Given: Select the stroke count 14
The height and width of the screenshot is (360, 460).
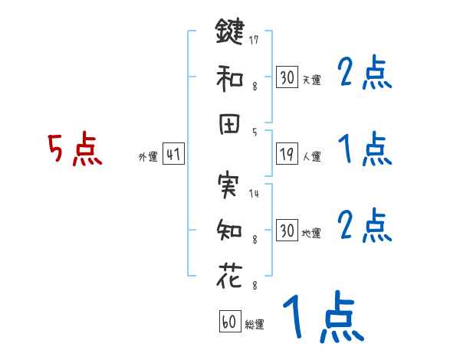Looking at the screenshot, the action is click(x=254, y=193).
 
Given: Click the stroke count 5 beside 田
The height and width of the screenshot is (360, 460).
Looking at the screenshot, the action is click(x=254, y=132).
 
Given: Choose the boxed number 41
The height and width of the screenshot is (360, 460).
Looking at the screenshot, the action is click(x=173, y=155).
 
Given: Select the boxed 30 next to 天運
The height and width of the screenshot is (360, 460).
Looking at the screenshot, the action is click(x=287, y=77).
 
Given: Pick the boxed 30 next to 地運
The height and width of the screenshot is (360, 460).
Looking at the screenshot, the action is click(x=287, y=231).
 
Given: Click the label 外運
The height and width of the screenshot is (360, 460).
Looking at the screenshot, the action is click(x=147, y=157).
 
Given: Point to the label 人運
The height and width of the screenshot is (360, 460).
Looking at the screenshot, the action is click(x=312, y=157).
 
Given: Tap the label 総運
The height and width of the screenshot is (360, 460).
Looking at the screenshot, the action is click(x=255, y=324).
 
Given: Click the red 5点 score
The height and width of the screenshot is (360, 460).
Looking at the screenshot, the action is click(x=74, y=149).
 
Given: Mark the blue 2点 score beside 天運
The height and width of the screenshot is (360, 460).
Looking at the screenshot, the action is click(x=364, y=74).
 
